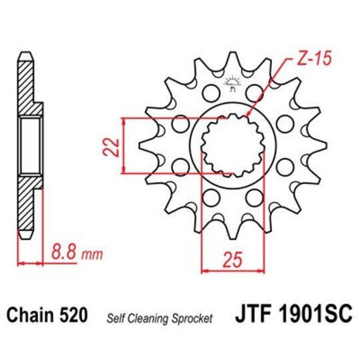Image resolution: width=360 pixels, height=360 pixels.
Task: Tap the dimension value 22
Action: [x=113, y=145]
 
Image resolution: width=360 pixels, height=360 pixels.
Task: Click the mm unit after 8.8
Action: [x=86, y=253]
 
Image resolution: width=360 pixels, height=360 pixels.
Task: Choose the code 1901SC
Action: [x=307, y=313]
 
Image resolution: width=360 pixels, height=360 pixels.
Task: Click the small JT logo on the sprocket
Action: [x=233, y=83]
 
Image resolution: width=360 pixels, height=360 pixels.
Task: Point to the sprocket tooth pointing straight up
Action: [x=233, y=66]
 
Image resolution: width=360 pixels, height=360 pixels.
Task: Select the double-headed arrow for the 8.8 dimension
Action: [x=31, y=263]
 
